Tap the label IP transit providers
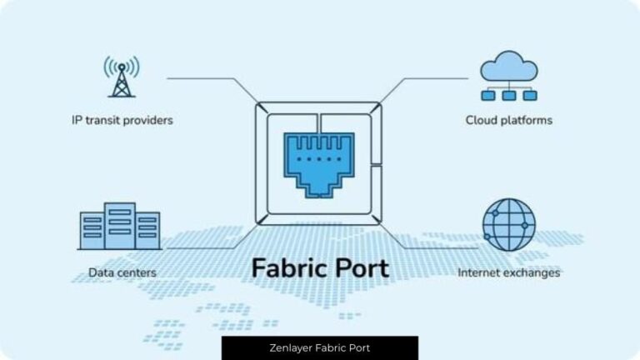(x=122, y=120)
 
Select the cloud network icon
(x=508, y=76)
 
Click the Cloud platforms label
(x=508, y=120)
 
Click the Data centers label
(x=122, y=272)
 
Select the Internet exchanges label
(x=508, y=272)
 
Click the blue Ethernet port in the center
(x=320, y=162)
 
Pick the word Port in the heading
(x=360, y=269)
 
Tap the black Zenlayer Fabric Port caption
(x=320, y=347)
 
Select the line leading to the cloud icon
(x=433, y=79)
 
